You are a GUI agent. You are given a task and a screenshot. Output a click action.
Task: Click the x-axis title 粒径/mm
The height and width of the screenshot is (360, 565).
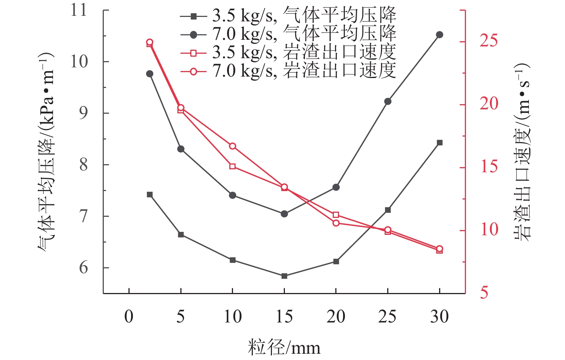tap(284, 347)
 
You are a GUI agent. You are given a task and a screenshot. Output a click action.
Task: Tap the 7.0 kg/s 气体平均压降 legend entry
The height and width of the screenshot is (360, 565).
tap(288, 34)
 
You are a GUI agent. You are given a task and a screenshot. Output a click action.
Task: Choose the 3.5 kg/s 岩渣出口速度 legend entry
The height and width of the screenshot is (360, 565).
tap(288, 52)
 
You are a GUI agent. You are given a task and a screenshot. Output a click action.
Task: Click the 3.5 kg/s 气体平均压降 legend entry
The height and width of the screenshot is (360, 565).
tap(288, 15)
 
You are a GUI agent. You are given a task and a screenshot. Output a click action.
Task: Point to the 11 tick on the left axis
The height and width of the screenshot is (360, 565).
tap(79, 10)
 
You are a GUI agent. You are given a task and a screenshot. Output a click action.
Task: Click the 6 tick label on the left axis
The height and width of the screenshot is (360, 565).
tap(84, 268)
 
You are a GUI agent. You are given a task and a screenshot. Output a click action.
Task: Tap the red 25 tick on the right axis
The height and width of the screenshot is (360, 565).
tap(489, 41)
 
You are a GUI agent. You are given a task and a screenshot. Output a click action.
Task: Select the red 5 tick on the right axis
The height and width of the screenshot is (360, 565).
tap(484, 293)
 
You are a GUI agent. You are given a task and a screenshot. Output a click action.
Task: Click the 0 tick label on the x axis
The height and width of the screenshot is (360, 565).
tap(129, 317)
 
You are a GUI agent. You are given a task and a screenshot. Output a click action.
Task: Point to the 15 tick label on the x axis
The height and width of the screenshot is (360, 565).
tap(284, 317)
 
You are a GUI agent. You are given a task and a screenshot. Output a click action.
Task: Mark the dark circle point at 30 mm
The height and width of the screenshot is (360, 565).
tap(439, 35)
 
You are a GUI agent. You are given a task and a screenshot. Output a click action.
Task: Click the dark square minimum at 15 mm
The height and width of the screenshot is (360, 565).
tap(284, 276)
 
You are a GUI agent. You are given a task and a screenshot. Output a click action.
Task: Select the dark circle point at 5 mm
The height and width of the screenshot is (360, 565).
tap(181, 149)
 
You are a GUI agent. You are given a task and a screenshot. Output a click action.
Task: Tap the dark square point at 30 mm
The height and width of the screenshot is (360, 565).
tap(439, 142)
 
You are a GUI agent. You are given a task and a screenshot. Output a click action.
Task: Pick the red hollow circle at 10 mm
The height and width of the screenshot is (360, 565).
tap(232, 146)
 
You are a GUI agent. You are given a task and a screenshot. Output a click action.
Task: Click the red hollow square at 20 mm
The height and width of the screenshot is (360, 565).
tap(336, 215)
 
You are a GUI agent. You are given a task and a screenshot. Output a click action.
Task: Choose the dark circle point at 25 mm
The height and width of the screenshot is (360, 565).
tap(388, 101)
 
